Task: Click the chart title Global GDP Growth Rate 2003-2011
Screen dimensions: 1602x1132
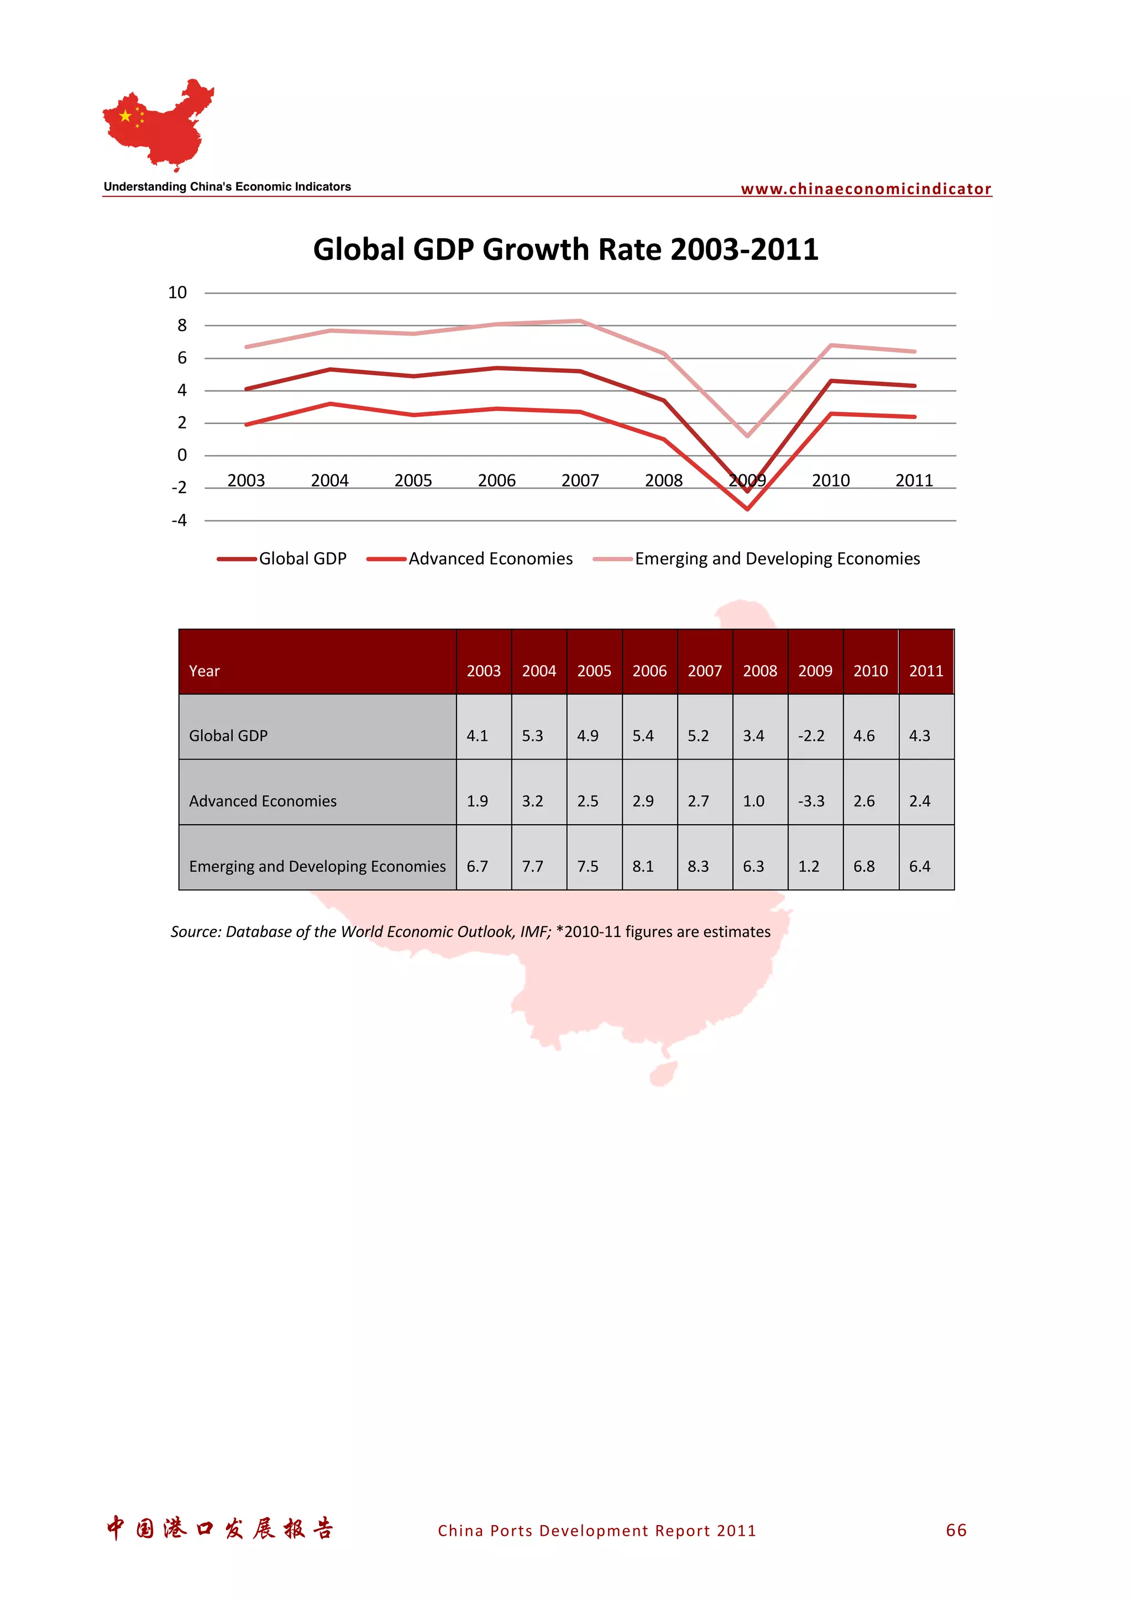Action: point(565,249)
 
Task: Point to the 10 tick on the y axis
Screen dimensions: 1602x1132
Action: point(177,292)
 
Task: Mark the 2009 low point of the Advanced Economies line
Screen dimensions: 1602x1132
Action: point(747,509)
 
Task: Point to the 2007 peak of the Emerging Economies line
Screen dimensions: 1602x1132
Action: point(580,321)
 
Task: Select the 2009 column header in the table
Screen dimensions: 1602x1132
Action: point(815,671)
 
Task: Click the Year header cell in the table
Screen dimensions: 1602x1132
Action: point(205,671)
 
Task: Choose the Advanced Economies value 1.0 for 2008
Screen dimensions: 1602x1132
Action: point(753,801)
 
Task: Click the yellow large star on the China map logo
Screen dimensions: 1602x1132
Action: point(125,116)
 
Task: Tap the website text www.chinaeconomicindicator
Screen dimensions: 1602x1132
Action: point(866,189)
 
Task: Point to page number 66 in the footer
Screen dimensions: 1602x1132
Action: point(956,1530)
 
